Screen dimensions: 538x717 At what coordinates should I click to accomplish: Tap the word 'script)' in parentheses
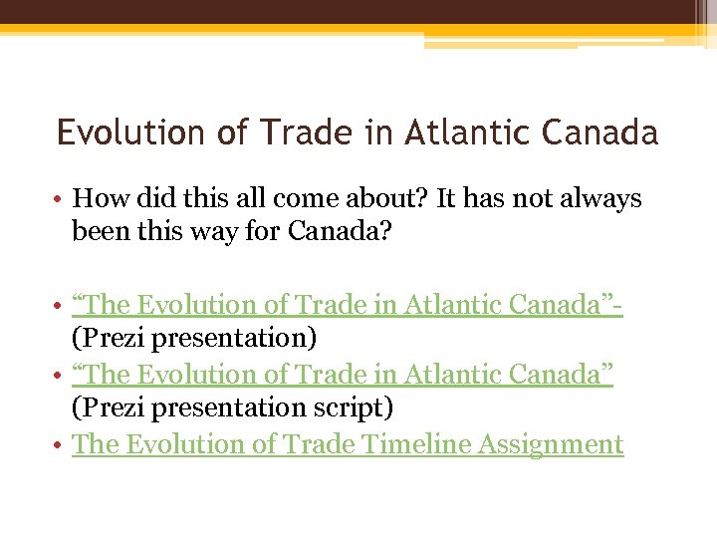[x=353, y=407]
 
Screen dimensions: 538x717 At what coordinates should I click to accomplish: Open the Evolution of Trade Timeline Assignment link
[x=348, y=444]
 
